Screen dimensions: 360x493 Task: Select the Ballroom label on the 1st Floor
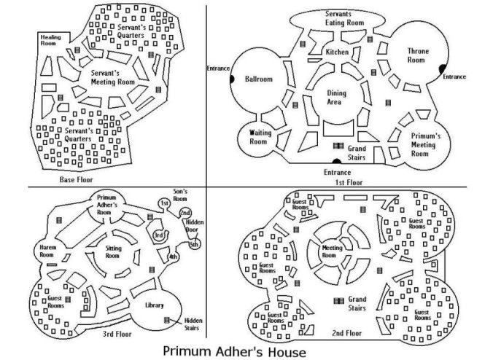click(x=258, y=78)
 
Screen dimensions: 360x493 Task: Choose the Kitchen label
click(x=337, y=52)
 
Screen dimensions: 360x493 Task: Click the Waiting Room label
click(x=260, y=137)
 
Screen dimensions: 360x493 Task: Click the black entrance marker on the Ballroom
click(x=231, y=78)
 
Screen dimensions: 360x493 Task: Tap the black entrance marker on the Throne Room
click(x=442, y=69)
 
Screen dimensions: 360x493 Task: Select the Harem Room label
click(x=44, y=253)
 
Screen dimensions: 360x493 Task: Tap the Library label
click(x=154, y=305)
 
